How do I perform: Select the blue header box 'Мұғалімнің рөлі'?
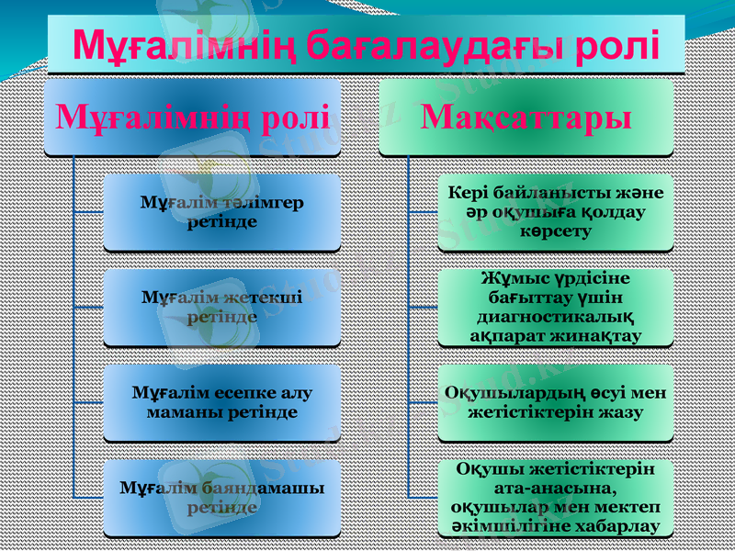coord(193,117)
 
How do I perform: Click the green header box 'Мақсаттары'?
coord(526,117)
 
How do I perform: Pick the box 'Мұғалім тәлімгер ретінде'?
coord(221,212)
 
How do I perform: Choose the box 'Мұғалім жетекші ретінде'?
coord(221,307)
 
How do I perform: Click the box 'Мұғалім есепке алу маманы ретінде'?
coord(221,402)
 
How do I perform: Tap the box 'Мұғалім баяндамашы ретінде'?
coord(221,497)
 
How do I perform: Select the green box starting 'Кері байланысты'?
coord(555,212)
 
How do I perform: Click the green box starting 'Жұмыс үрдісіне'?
coord(555,307)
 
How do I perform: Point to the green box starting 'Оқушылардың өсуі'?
coord(555,402)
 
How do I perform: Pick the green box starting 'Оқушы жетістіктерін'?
coord(555,497)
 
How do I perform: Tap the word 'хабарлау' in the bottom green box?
coord(616,526)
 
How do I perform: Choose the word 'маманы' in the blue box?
coord(182,411)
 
